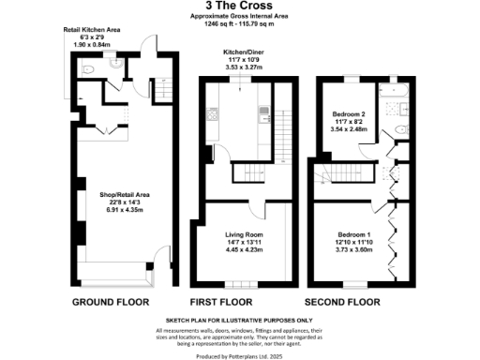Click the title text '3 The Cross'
pyautogui.click(x=239, y=7)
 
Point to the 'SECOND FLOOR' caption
pyautogui.click(x=342, y=303)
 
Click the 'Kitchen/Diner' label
pyautogui.click(x=240, y=54)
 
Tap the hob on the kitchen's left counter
pyautogui.click(x=212, y=116)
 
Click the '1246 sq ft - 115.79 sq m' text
pyautogui.click(x=239, y=25)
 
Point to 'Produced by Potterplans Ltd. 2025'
pyautogui.click(x=239, y=354)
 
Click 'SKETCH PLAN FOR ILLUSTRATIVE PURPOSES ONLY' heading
pyautogui.click(x=239, y=321)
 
